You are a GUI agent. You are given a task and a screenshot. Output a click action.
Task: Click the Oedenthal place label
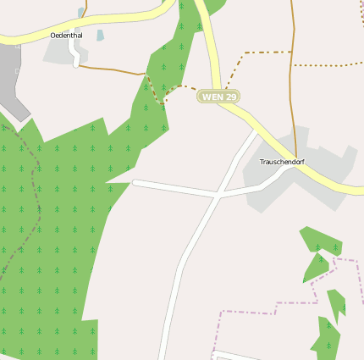(x=67, y=35)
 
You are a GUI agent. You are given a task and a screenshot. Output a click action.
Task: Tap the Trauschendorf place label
(x=282, y=161)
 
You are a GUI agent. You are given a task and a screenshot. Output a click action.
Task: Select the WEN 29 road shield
(x=218, y=97)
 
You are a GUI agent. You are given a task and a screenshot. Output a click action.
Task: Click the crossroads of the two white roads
(x=218, y=195)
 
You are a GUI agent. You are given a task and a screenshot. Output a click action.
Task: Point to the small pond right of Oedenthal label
(x=100, y=36)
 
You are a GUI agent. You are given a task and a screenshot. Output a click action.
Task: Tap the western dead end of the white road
(x=135, y=182)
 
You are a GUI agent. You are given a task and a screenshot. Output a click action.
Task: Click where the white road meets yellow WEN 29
(x=257, y=131)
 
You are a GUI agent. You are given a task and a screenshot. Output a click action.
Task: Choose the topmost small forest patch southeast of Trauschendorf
(x=322, y=240)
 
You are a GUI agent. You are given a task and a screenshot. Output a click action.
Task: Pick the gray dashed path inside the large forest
(x=34, y=195)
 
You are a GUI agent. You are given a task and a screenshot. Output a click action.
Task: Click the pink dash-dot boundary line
(x=254, y=311)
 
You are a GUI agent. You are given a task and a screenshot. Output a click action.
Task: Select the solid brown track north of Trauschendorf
(x=293, y=85)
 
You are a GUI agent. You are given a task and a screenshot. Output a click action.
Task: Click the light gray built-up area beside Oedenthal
(x=58, y=51)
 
